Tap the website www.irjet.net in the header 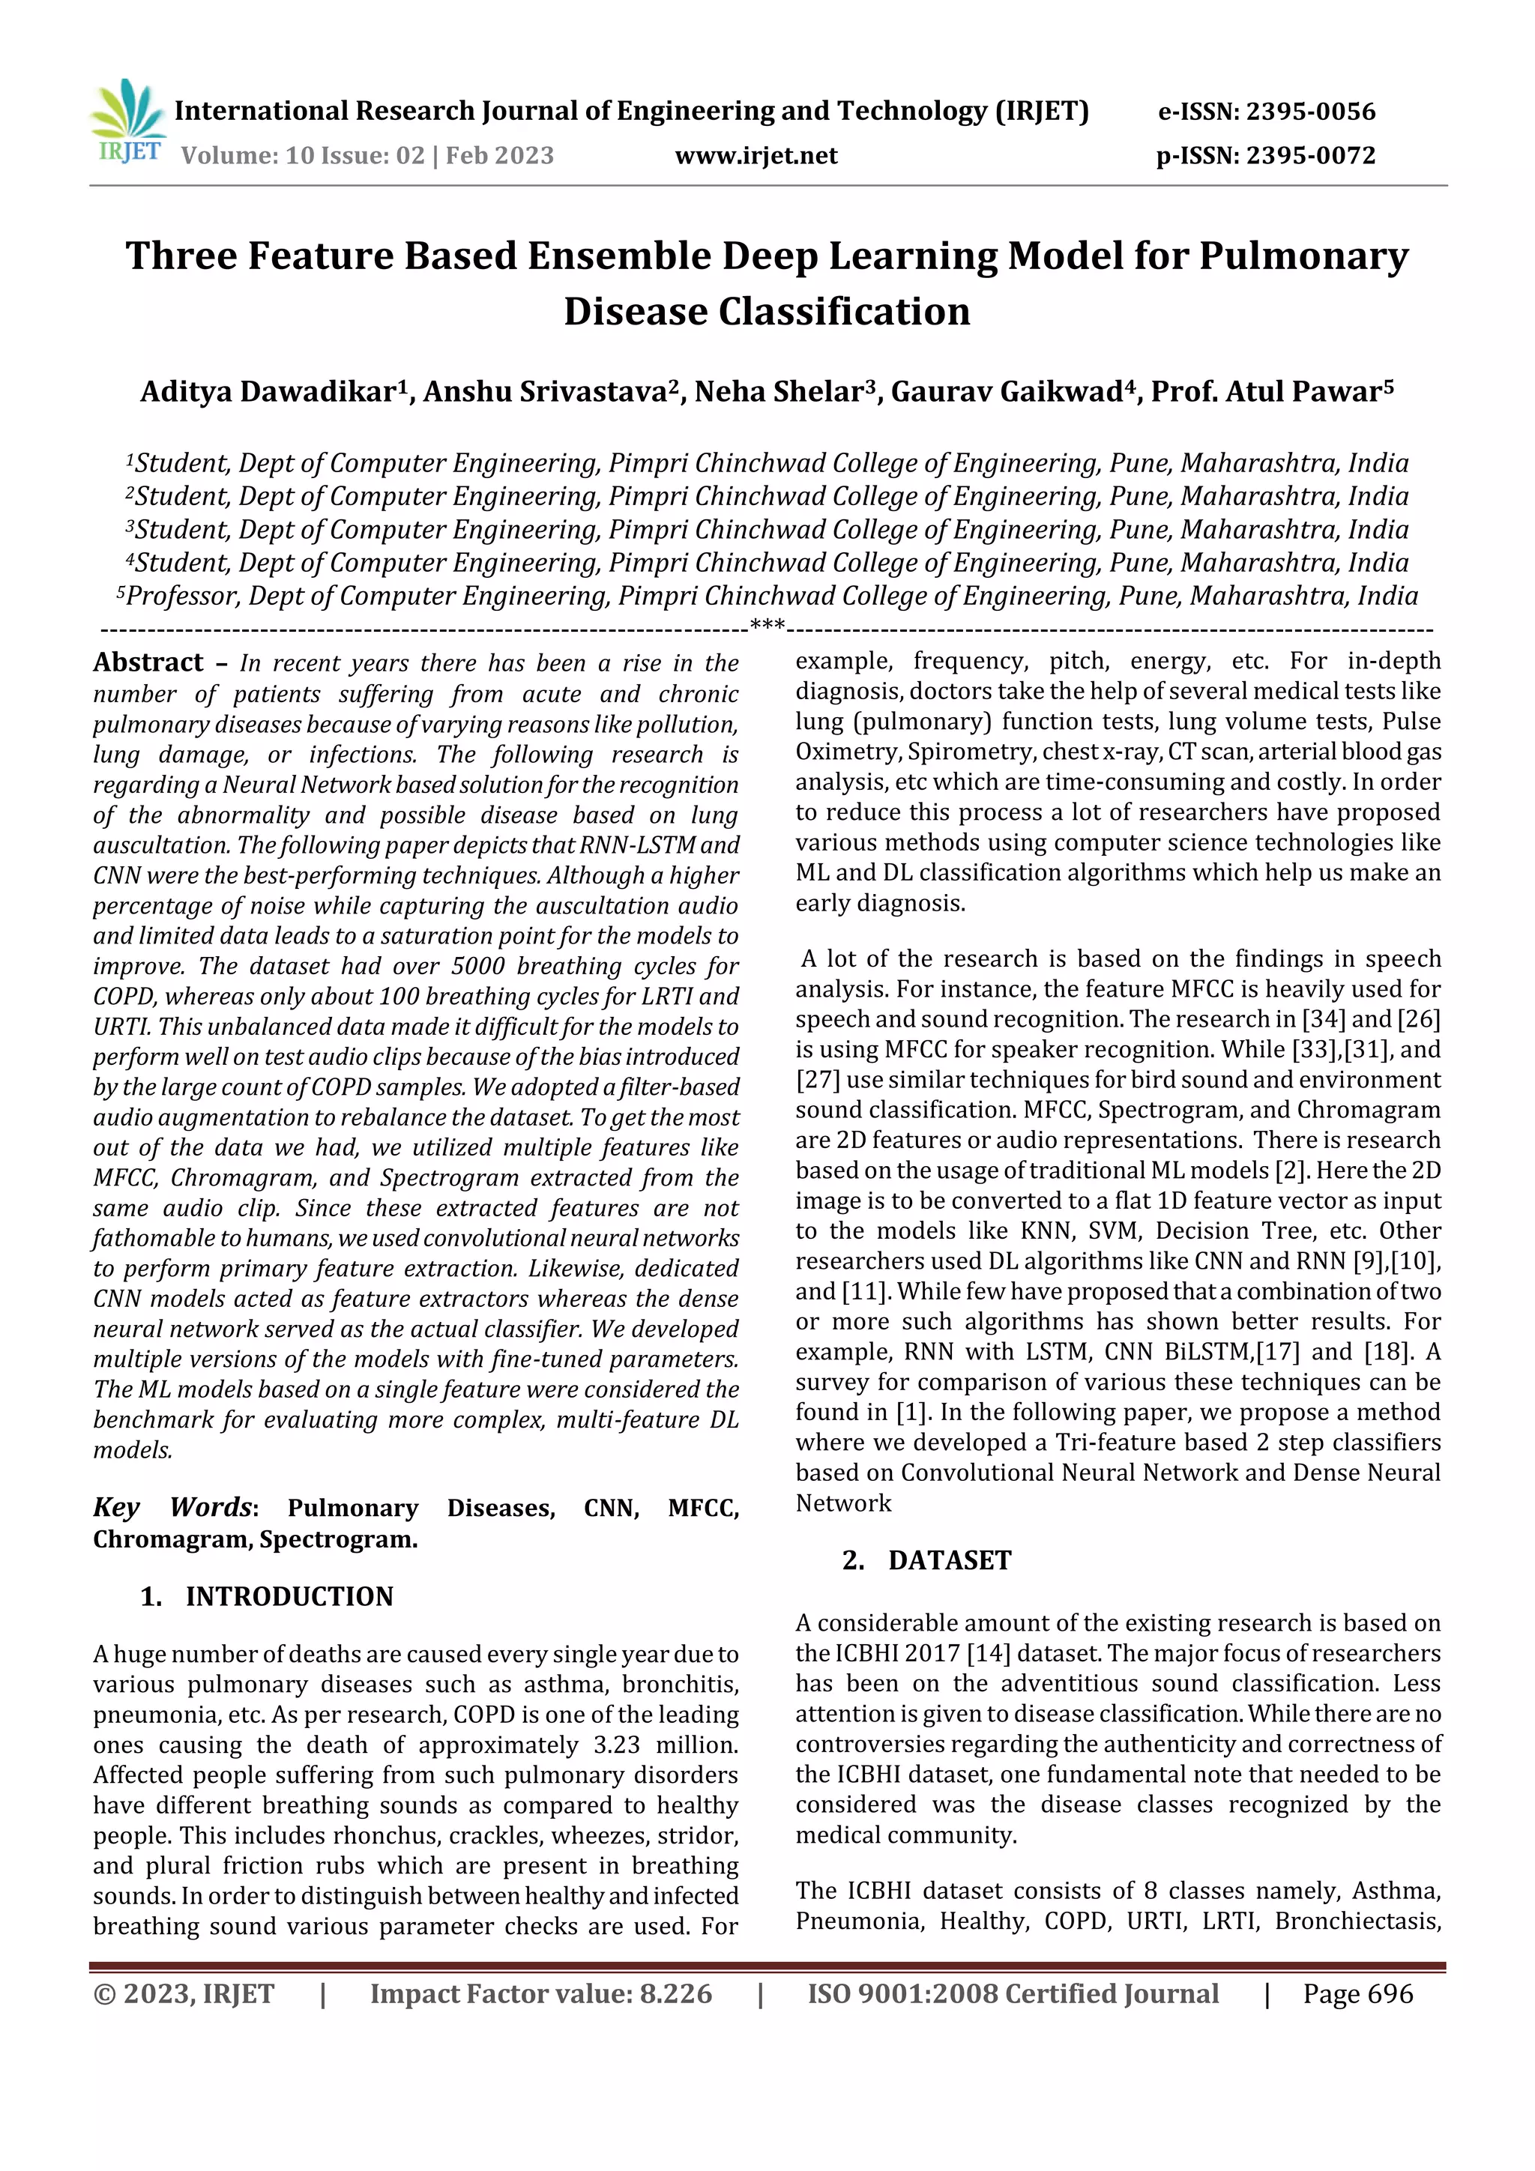click(756, 156)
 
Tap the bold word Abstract click(148, 662)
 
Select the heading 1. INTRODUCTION click(268, 1597)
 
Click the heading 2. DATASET click(927, 1560)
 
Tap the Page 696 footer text click(1357, 1994)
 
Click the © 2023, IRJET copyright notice click(184, 1994)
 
